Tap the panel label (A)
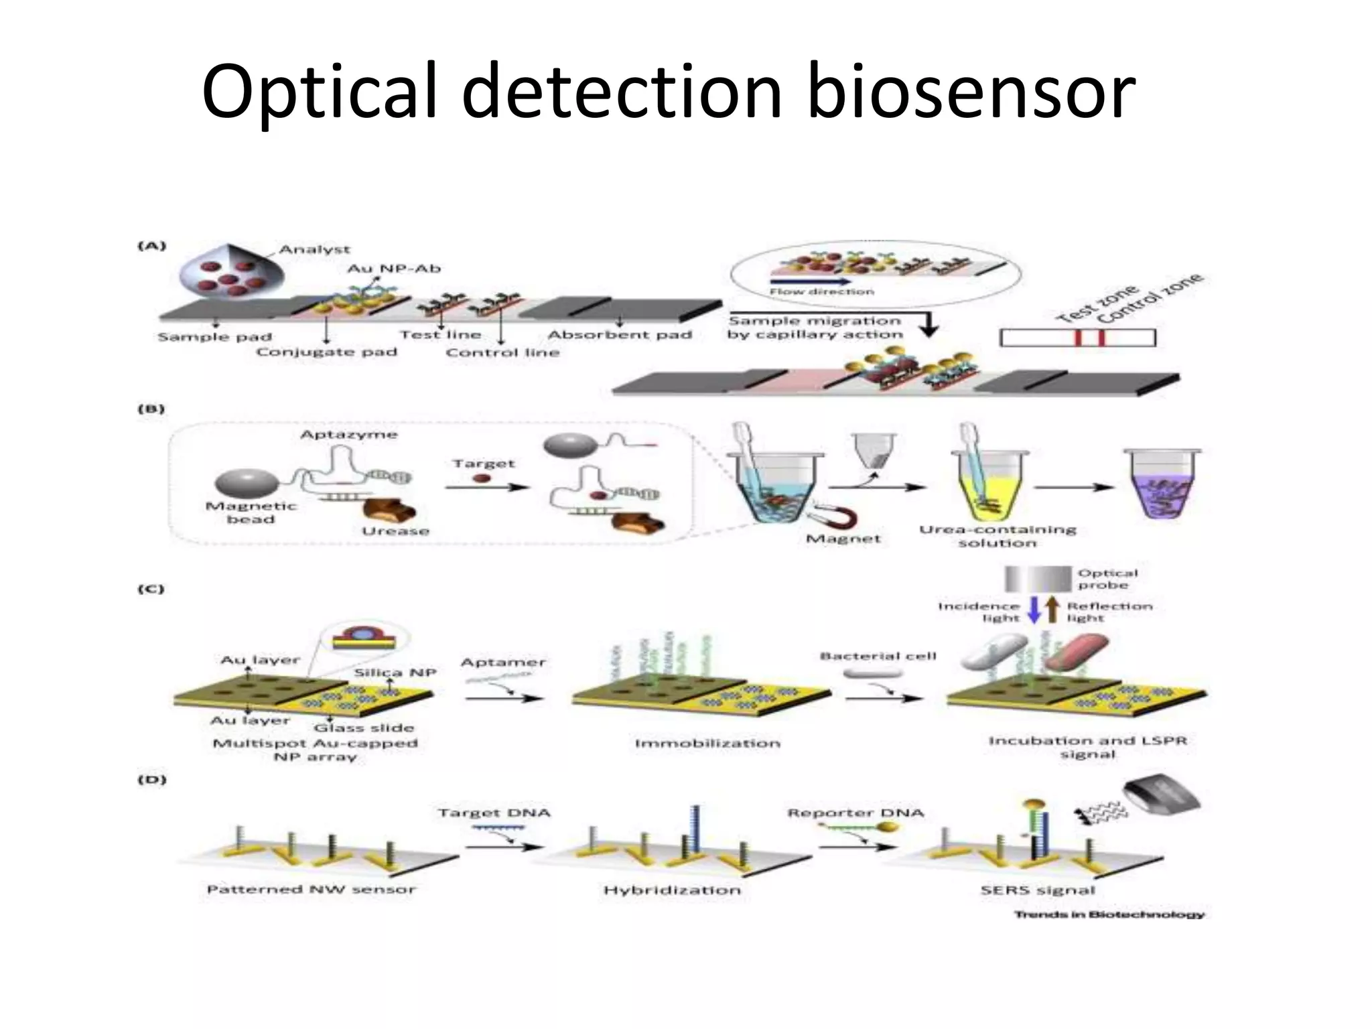click(152, 246)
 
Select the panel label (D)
click(152, 779)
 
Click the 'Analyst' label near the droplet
click(314, 249)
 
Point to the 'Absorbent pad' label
click(620, 334)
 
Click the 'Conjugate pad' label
click(326, 352)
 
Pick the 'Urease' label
click(395, 531)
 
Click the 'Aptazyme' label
click(348, 435)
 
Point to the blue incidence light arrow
click(1034, 610)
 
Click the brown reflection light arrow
click(1052, 609)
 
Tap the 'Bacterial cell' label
click(878, 656)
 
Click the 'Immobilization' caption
click(707, 743)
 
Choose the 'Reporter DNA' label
click(855, 813)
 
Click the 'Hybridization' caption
click(672, 890)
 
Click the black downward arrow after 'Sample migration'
click(928, 326)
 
